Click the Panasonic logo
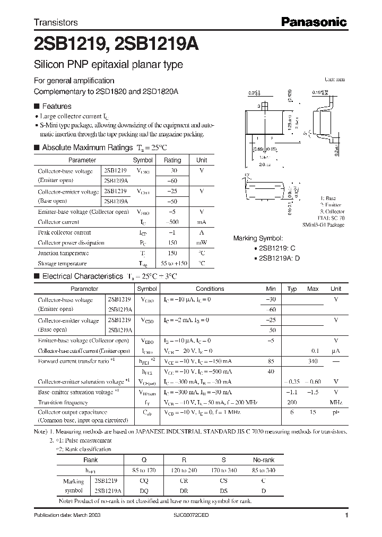314,22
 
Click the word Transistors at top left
56,22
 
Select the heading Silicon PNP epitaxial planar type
108,65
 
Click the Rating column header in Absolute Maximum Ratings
172,160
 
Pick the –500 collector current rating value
172,222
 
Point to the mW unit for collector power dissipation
202,242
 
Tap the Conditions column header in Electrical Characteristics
210,289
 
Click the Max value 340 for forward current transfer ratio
312,361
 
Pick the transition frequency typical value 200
292,402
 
